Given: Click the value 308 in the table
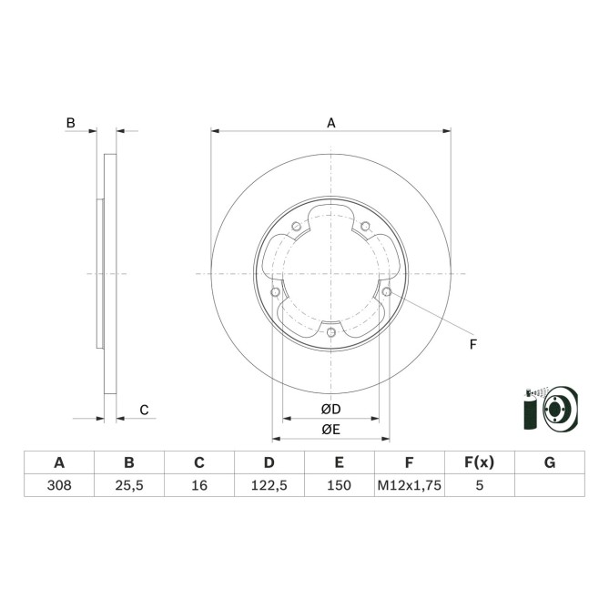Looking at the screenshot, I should pyautogui.click(x=59, y=486).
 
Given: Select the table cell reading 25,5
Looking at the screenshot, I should pyautogui.click(x=129, y=486).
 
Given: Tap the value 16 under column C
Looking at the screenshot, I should pyautogui.click(x=199, y=486).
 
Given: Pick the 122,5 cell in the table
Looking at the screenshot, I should pyautogui.click(x=269, y=486).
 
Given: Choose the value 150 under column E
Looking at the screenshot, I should pyautogui.click(x=339, y=486).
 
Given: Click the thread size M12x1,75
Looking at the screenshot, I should pyautogui.click(x=409, y=486).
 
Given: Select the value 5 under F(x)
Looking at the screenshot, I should pyautogui.click(x=479, y=486).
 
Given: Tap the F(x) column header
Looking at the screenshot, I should pyautogui.click(x=479, y=462).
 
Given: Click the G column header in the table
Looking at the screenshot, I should pyautogui.click(x=549, y=462).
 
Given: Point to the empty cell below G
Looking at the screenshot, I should pyautogui.click(x=549, y=486).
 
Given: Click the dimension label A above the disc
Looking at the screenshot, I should pyautogui.click(x=331, y=122).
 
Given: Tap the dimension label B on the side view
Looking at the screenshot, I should pyautogui.click(x=69, y=122).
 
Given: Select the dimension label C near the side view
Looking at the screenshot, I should pyautogui.click(x=144, y=411).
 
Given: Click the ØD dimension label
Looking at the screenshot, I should pyautogui.click(x=330, y=409).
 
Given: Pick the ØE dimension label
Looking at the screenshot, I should pyautogui.click(x=330, y=430).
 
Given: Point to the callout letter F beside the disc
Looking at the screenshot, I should pyautogui.click(x=472, y=343).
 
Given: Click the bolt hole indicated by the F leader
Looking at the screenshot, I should pyautogui.click(x=387, y=291).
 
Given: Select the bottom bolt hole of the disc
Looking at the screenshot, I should pyautogui.click(x=330, y=332).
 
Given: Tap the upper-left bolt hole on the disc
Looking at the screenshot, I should pyautogui.click(x=295, y=228).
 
